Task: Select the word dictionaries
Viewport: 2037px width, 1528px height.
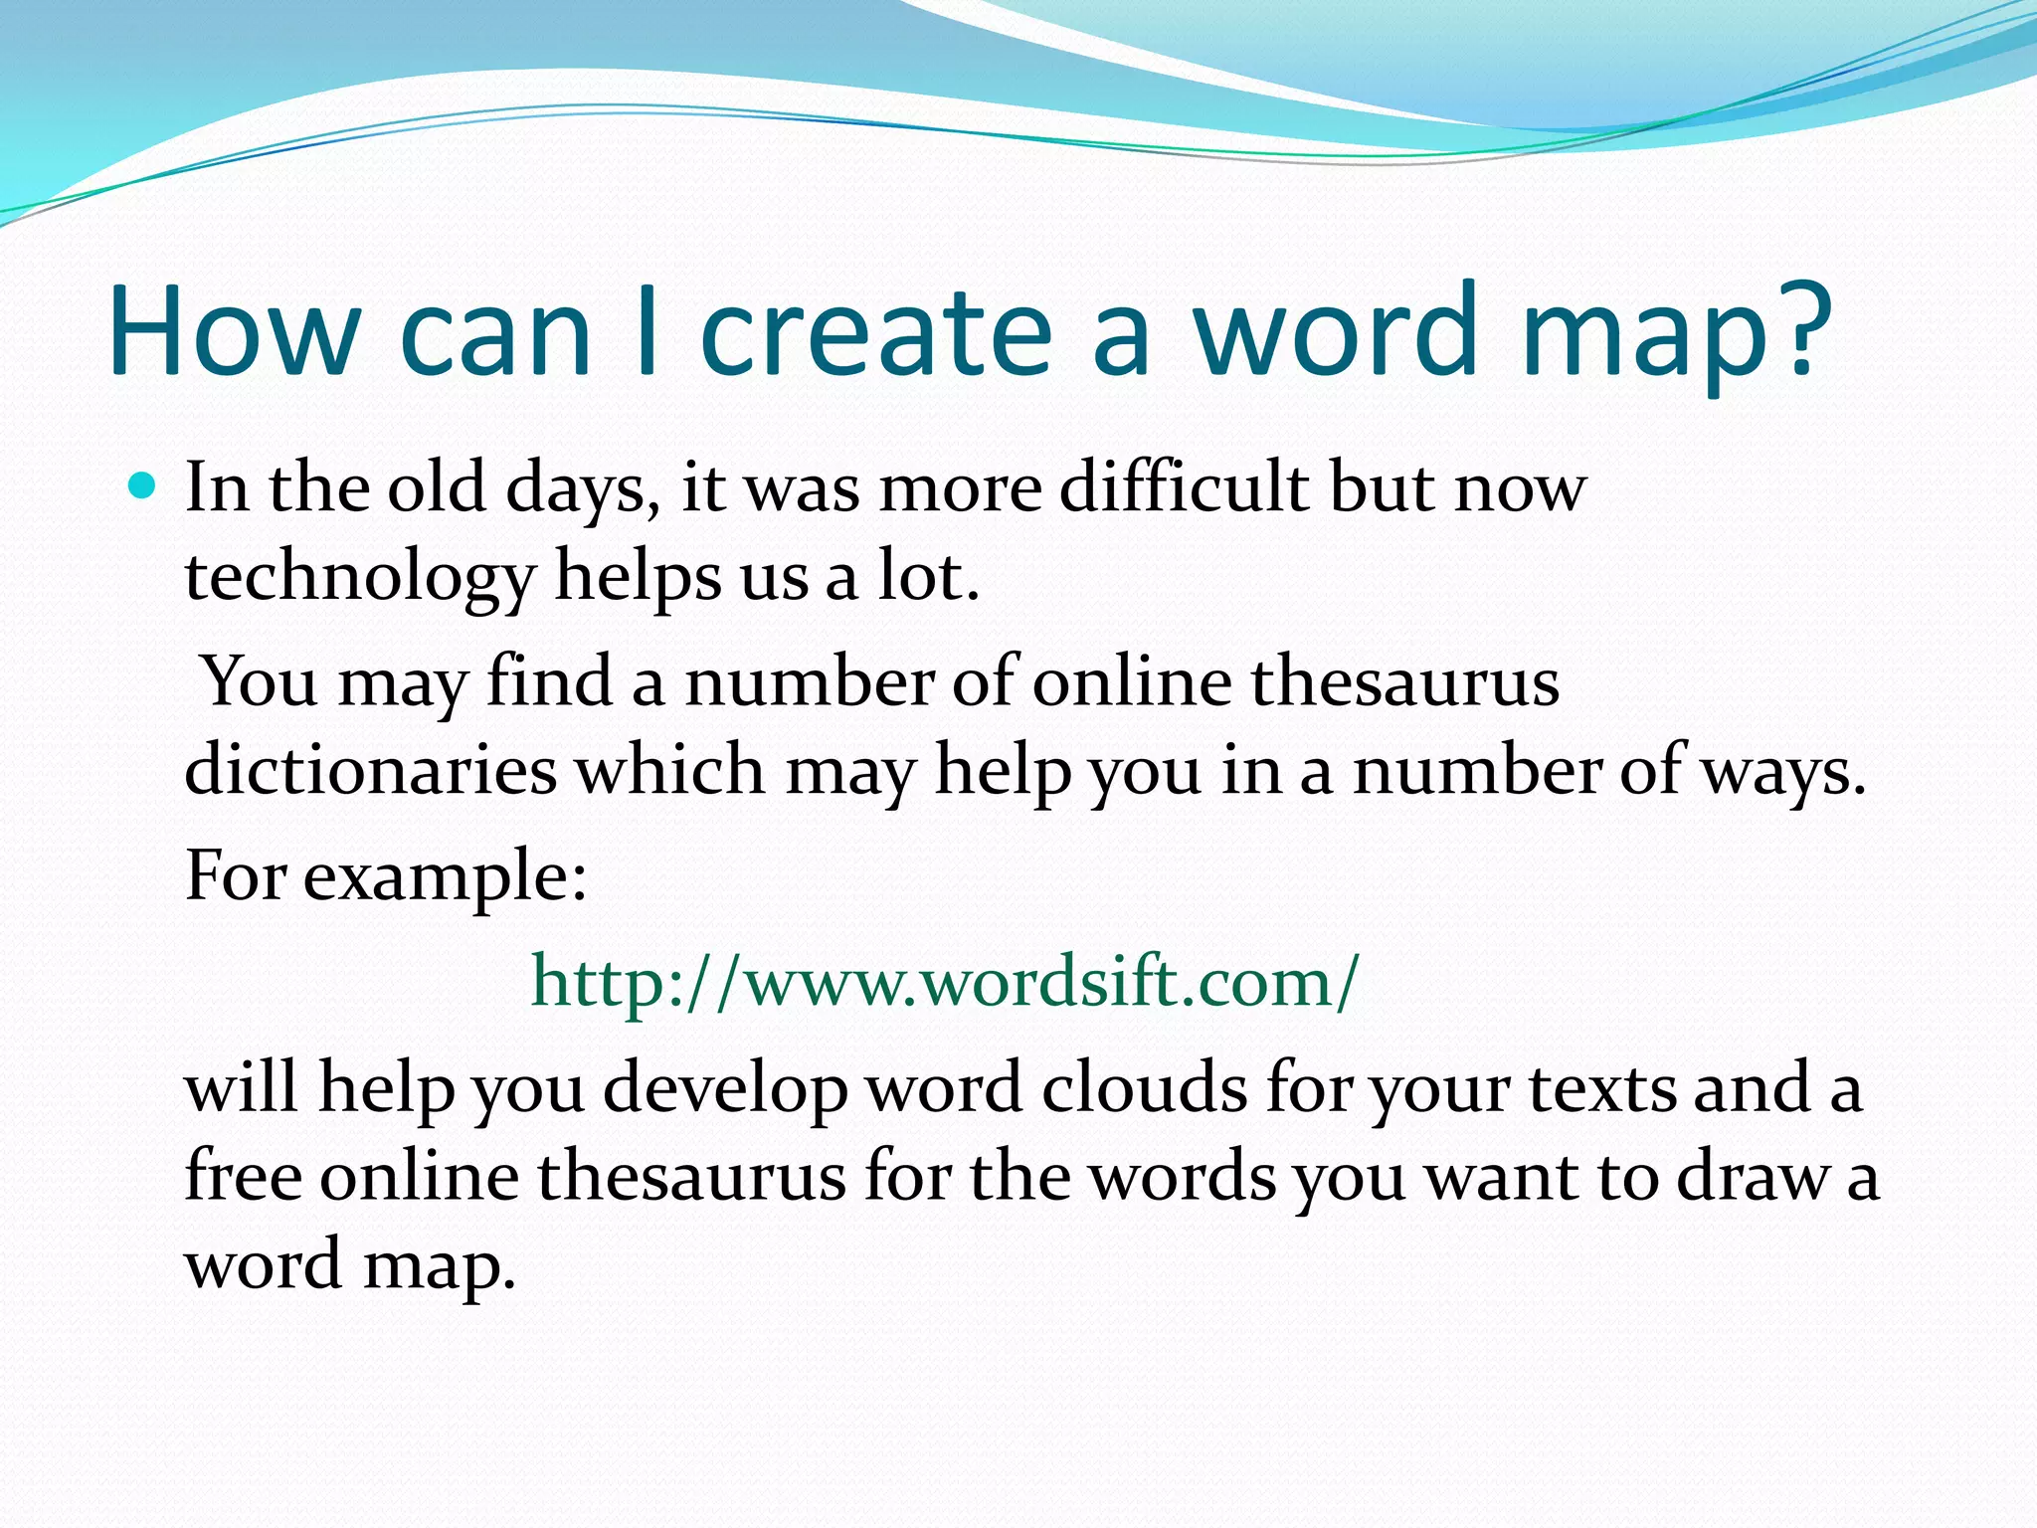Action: (370, 770)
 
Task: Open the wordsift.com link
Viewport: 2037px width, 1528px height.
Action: (943, 982)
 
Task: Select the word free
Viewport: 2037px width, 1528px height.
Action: (243, 1175)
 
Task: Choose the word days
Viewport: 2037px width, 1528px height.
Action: (582, 490)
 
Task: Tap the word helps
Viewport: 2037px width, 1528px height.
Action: (637, 579)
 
